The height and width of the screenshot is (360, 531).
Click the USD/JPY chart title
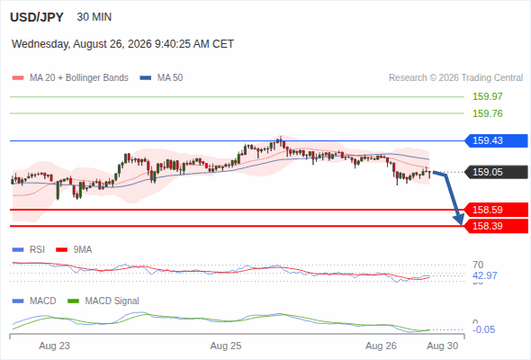(37, 17)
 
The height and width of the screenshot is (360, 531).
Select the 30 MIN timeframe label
(94, 17)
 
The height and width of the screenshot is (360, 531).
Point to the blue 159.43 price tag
(496, 140)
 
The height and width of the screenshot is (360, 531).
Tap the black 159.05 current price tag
(496, 172)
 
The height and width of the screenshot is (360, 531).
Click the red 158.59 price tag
(496, 210)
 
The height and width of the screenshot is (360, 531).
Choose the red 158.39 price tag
(496, 226)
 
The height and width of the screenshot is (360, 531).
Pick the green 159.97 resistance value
(488, 96)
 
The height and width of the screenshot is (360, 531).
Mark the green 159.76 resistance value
(488, 113)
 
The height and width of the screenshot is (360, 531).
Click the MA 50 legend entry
(161, 78)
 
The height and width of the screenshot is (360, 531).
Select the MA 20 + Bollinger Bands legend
(70, 78)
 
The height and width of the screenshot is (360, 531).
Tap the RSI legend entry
(29, 249)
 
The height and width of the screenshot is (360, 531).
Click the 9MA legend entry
(74, 249)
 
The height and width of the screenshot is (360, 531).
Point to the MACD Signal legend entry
(103, 301)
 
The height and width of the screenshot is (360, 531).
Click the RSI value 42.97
(485, 275)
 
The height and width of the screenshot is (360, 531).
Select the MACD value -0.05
(483, 329)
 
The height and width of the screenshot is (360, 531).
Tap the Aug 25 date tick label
(226, 346)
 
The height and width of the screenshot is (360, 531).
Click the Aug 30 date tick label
(443, 346)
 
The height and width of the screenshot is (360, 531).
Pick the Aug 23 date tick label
(55, 346)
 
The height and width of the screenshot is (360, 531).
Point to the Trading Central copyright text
(455, 78)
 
